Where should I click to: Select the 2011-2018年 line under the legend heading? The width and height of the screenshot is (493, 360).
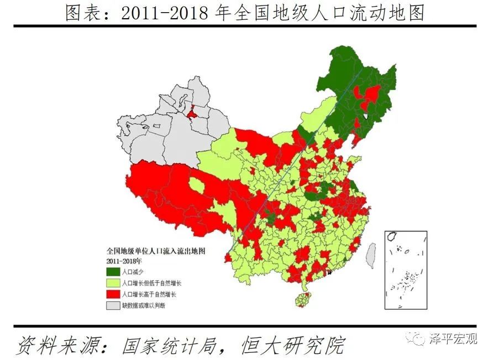click(124, 260)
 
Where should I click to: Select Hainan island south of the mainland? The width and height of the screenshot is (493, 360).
click(302, 300)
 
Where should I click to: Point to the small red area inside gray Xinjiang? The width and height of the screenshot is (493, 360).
click(193, 115)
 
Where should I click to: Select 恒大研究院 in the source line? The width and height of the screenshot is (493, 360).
click(293, 345)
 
